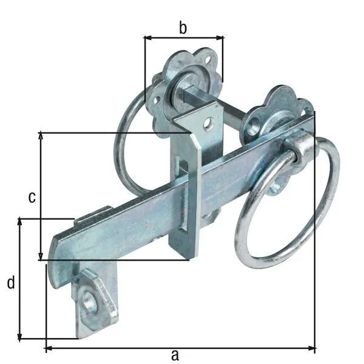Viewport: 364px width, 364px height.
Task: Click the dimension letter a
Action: pyautogui.click(x=175, y=355)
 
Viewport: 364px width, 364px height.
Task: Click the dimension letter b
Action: pyautogui.click(x=183, y=28)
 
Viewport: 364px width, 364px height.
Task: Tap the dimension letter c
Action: pyautogui.click(x=32, y=197)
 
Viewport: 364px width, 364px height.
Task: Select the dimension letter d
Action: pyautogui.click(x=11, y=282)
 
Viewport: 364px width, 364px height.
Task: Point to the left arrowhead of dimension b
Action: pyautogui.click(x=148, y=38)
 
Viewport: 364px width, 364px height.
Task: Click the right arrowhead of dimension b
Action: pyautogui.click(x=220, y=38)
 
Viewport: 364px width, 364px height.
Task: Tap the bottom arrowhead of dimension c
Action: pyautogui.click(x=41, y=257)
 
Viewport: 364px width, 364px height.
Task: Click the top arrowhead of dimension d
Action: pyautogui.click(x=20, y=222)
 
